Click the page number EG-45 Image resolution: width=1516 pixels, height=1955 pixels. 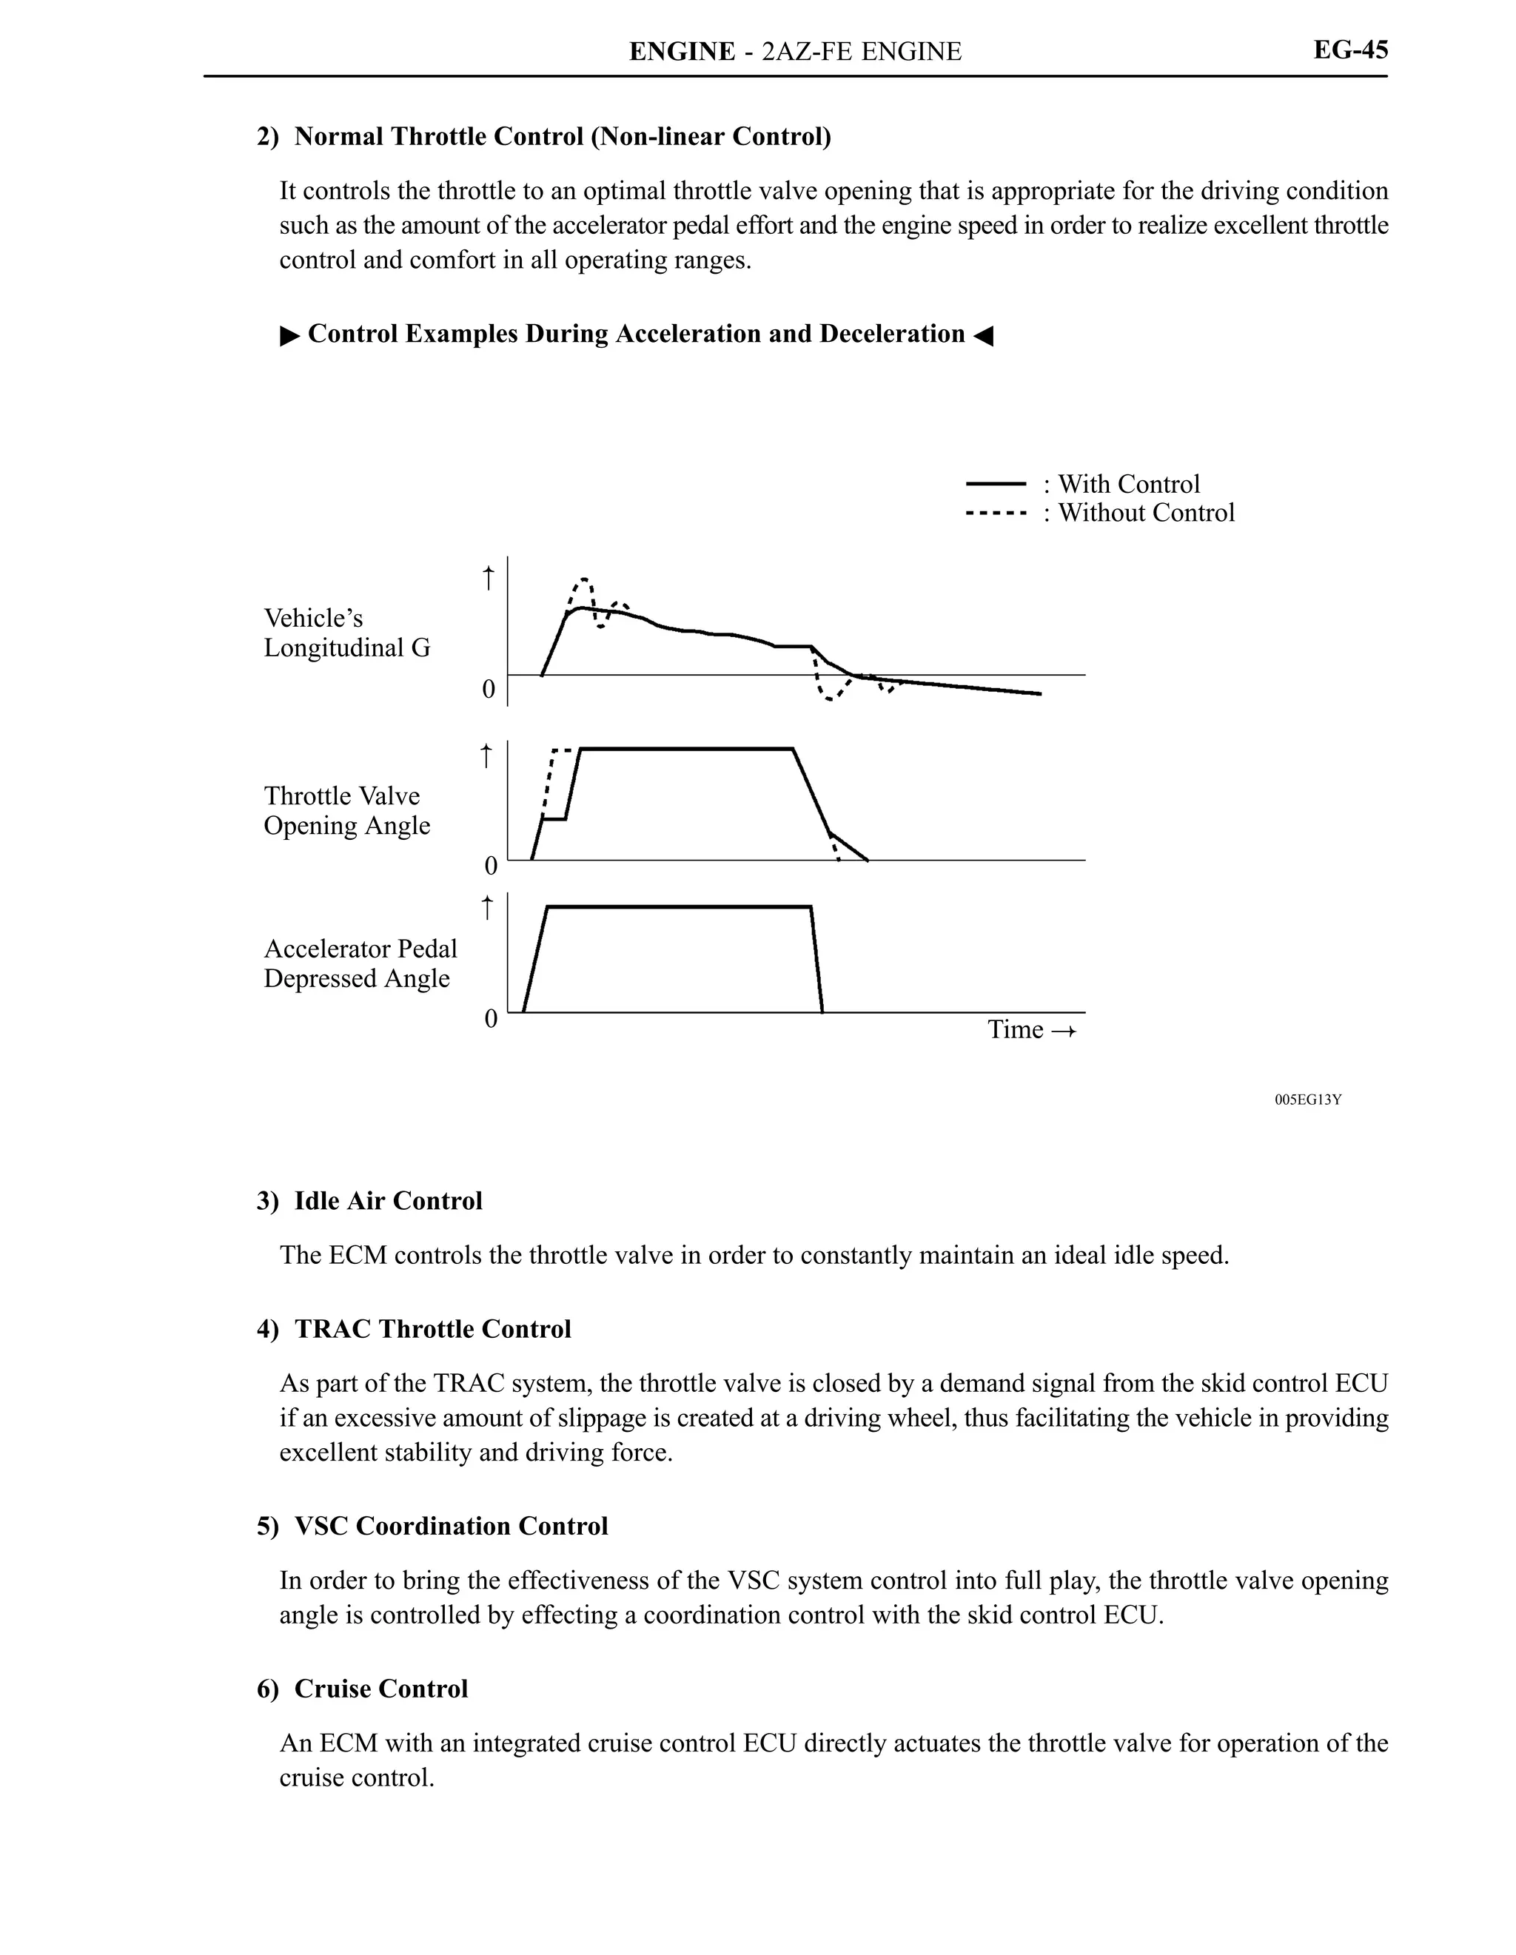[x=1349, y=50]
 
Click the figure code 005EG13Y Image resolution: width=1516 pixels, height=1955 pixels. [x=1307, y=1100]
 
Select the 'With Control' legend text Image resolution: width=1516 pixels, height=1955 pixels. [x=1128, y=484]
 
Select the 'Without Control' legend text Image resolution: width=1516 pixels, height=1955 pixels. [x=1145, y=513]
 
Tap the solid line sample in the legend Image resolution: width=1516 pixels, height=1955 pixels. [x=995, y=484]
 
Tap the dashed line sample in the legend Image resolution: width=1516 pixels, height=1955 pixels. [x=995, y=514]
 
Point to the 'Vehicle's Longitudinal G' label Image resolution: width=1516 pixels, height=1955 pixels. [x=346, y=633]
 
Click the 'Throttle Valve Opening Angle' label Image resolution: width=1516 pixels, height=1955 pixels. [x=346, y=810]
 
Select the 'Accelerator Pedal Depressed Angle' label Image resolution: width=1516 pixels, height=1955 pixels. [x=360, y=963]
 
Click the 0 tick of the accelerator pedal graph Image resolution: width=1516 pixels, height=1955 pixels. [x=491, y=1019]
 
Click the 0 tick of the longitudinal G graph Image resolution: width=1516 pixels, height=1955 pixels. [x=489, y=688]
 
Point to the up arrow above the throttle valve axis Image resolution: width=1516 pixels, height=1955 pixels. [x=486, y=756]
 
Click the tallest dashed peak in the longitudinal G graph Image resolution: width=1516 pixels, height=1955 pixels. [x=584, y=579]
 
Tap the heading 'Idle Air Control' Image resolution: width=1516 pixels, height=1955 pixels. [x=388, y=1201]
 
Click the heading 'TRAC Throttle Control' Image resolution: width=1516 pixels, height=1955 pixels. [x=432, y=1329]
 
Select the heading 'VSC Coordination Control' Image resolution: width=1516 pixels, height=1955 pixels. [x=450, y=1527]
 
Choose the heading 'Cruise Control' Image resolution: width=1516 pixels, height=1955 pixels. [x=380, y=1689]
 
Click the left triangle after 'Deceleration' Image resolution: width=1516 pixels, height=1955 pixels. [x=983, y=336]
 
